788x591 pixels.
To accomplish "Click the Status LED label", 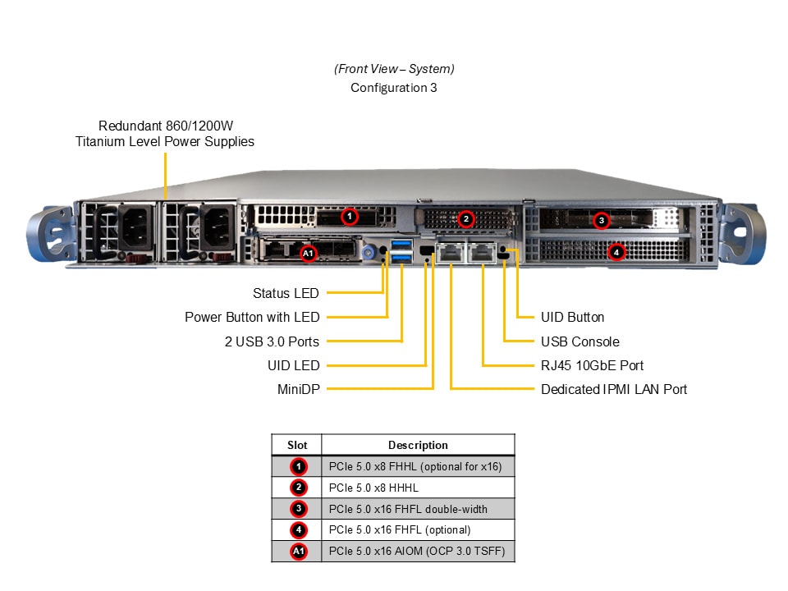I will click(x=286, y=293).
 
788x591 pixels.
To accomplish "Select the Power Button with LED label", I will click(x=252, y=318).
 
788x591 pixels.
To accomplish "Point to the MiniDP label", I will click(x=299, y=389).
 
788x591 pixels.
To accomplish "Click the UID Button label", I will click(x=572, y=318).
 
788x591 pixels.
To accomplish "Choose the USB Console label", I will click(x=580, y=341).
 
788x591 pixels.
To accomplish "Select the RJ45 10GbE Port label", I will click(x=592, y=365).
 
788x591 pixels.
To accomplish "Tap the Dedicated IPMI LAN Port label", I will click(x=613, y=389).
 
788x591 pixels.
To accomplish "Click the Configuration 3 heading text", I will click(x=393, y=88).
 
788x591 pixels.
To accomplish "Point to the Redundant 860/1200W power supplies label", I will click(x=164, y=134).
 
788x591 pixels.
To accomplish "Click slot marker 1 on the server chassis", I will click(x=350, y=217).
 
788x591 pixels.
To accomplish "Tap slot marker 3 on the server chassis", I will click(x=602, y=220).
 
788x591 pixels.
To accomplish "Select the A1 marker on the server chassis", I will click(x=308, y=254).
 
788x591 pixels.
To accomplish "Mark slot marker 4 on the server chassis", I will click(x=616, y=252).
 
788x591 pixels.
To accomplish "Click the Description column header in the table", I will click(x=418, y=445).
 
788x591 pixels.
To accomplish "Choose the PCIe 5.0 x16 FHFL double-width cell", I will click(x=408, y=509).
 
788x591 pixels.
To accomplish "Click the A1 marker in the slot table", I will click(x=299, y=552).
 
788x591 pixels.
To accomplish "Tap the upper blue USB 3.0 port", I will click(x=401, y=245).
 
